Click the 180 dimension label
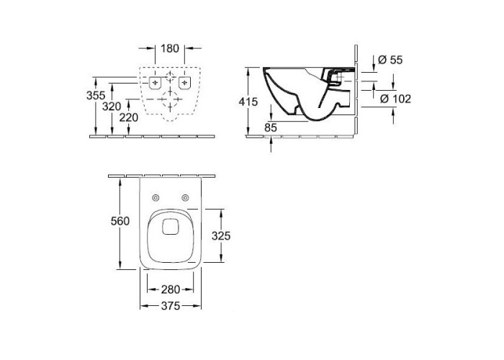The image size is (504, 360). pyautogui.click(x=170, y=48)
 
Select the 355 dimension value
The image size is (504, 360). pyautogui.click(x=96, y=96)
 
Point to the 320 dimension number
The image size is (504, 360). pyautogui.click(x=112, y=107)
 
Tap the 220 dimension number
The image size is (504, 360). pyautogui.click(x=129, y=117)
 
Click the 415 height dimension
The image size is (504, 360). pyautogui.click(x=248, y=102)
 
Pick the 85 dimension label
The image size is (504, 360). pyautogui.click(x=271, y=127)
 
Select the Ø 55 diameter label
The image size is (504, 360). pyautogui.click(x=390, y=60)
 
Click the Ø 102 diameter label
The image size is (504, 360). pyautogui.click(x=395, y=99)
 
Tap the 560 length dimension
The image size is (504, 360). pyautogui.click(x=120, y=221)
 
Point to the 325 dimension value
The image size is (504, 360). pyautogui.click(x=221, y=236)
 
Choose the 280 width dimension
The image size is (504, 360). pyautogui.click(x=171, y=289)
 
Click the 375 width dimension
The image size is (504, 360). pyautogui.click(x=171, y=306)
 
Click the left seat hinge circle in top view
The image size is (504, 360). pyautogui.click(x=156, y=198)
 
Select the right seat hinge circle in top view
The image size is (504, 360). pyautogui.click(x=185, y=198)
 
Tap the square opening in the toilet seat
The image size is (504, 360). pyautogui.click(x=171, y=227)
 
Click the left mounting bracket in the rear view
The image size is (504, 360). pyautogui.click(x=156, y=83)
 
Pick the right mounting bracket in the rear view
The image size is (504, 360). pyautogui.click(x=184, y=83)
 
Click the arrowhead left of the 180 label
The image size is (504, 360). pyautogui.click(x=150, y=48)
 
